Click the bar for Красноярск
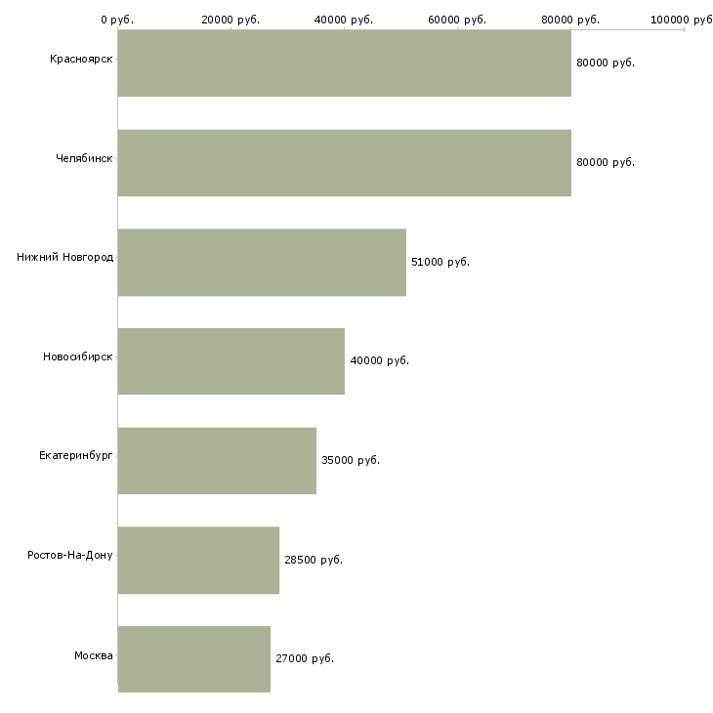click(x=344, y=63)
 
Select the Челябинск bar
click(x=344, y=163)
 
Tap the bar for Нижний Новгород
click(x=262, y=263)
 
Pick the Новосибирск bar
click(x=231, y=361)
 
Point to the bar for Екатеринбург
click(x=217, y=461)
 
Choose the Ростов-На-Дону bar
click(x=198, y=561)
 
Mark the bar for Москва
click(x=193, y=659)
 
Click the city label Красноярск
click(x=81, y=60)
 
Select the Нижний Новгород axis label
click(x=64, y=258)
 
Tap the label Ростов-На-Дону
click(x=70, y=556)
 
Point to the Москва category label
click(x=94, y=655)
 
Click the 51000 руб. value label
click(x=440, y=262)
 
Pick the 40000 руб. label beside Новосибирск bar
click(x=379, y=360)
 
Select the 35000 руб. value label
click(x=350, y=460)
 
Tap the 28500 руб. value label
click(x=313, y=560)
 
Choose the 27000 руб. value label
click(x=305, y=658)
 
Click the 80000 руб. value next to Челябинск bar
click(x=606, y=162)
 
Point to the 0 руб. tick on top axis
click(x=117, y=20)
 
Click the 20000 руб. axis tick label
click(x=231, y=20)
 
